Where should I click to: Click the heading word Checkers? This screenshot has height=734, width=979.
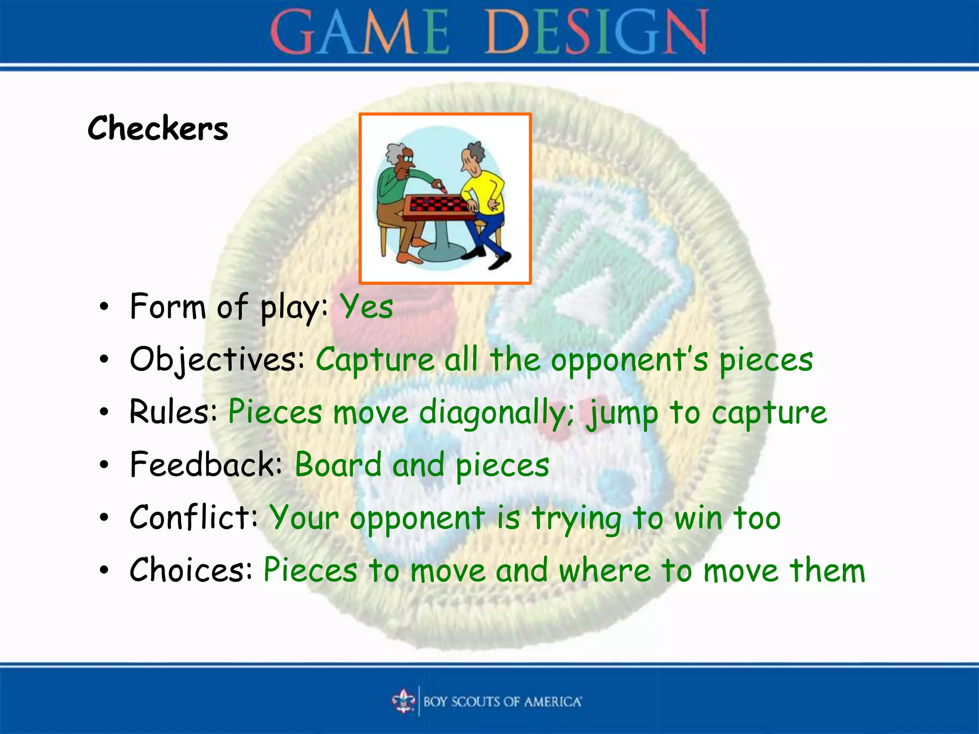click(158, 129)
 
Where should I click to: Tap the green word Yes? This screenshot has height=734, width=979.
click(366, 307)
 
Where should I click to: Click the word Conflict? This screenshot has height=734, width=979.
click(193, 518)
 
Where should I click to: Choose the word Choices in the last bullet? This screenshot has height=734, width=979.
click(191, 570)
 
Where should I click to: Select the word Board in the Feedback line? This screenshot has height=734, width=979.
click(338, 465)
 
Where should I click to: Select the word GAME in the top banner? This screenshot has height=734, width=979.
click(359, 32)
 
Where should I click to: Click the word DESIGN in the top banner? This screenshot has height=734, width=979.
click(596, 32)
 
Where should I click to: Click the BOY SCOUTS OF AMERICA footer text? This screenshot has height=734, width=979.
click(502, 702)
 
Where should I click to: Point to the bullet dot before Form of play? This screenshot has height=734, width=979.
click(104, 307)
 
